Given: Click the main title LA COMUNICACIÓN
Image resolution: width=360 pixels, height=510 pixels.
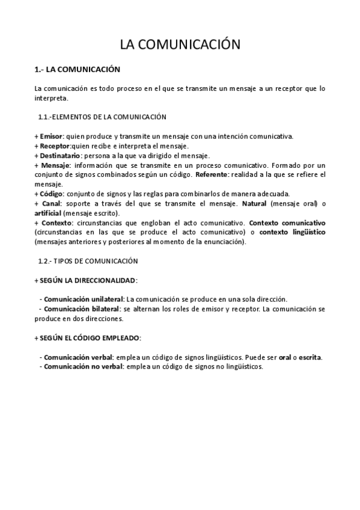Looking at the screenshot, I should click(x=180, y=45).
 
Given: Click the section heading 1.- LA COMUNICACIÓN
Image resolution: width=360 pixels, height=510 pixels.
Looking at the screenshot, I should click(x=78, y=70).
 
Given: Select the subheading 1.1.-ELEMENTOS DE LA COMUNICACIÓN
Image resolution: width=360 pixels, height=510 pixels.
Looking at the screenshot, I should click(x=102, y=117).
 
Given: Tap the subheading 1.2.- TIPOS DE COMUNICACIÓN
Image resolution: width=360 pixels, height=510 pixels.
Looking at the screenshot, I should click(x=88, y=261).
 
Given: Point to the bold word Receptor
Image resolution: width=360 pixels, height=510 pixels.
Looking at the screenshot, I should click(x=55, y=146).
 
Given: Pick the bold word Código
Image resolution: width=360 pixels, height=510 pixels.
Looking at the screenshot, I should click(x=51, y=194).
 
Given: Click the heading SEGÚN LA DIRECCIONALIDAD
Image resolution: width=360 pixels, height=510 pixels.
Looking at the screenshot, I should click(x=86, y=280).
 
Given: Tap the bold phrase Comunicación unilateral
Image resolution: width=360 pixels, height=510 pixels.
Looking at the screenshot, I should click(x=83, y=299).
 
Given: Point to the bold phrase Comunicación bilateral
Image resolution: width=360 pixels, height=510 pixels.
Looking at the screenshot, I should click(x=81, y=309).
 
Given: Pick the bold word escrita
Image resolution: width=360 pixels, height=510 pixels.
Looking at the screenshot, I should click(x=310, y=357).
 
